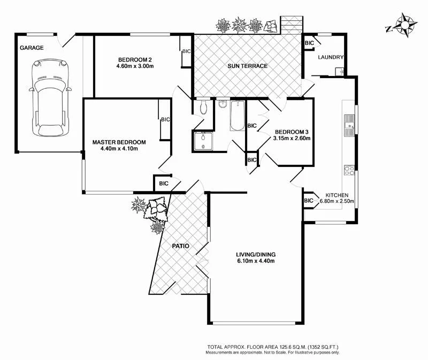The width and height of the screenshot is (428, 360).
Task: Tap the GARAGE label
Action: pos(32,48)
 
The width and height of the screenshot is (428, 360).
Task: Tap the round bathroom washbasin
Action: pos(222,104)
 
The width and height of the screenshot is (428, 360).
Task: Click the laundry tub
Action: pos(339,71)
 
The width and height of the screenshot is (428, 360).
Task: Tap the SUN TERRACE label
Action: pos(247,66)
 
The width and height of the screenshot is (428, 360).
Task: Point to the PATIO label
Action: pos(182,247)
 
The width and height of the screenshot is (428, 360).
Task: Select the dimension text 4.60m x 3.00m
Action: pos(135,66)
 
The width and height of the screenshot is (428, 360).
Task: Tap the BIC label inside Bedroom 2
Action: pos(186,52)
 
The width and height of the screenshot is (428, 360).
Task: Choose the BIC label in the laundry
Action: pos(309,43)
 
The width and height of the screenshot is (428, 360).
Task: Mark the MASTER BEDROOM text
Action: pos(119,142)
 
